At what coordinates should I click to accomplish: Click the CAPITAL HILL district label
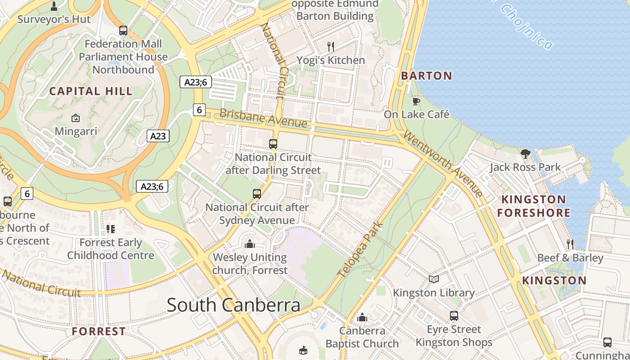coord(91,91)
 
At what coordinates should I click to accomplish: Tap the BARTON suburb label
coord(426,76)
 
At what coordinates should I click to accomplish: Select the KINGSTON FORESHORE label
coord(534,206)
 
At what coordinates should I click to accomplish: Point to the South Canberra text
coord(234,305)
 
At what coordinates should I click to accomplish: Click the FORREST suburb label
coord(99,332)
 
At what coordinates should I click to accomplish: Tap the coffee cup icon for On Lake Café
coord(416,102)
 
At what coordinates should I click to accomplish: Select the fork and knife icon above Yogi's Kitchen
coord(331,46)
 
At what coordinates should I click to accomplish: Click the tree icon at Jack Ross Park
coord(525,154)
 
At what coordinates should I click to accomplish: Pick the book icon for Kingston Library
coord(433,279)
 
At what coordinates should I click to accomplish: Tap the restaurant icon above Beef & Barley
coord(570,244)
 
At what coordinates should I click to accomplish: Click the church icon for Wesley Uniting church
coord(249,244)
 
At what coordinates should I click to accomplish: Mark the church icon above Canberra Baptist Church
coord(362,318)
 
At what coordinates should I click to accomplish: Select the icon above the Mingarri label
coord(76,118)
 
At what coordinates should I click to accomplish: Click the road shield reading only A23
coord(158,136)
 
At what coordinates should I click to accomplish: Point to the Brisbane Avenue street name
coord(263,118)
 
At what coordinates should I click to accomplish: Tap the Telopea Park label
coord(360,248)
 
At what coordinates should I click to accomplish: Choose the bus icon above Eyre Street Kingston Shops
coord(454,316)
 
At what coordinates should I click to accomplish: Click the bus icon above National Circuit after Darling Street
coord(273,144)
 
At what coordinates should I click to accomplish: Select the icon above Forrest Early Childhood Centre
coord(110,229)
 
